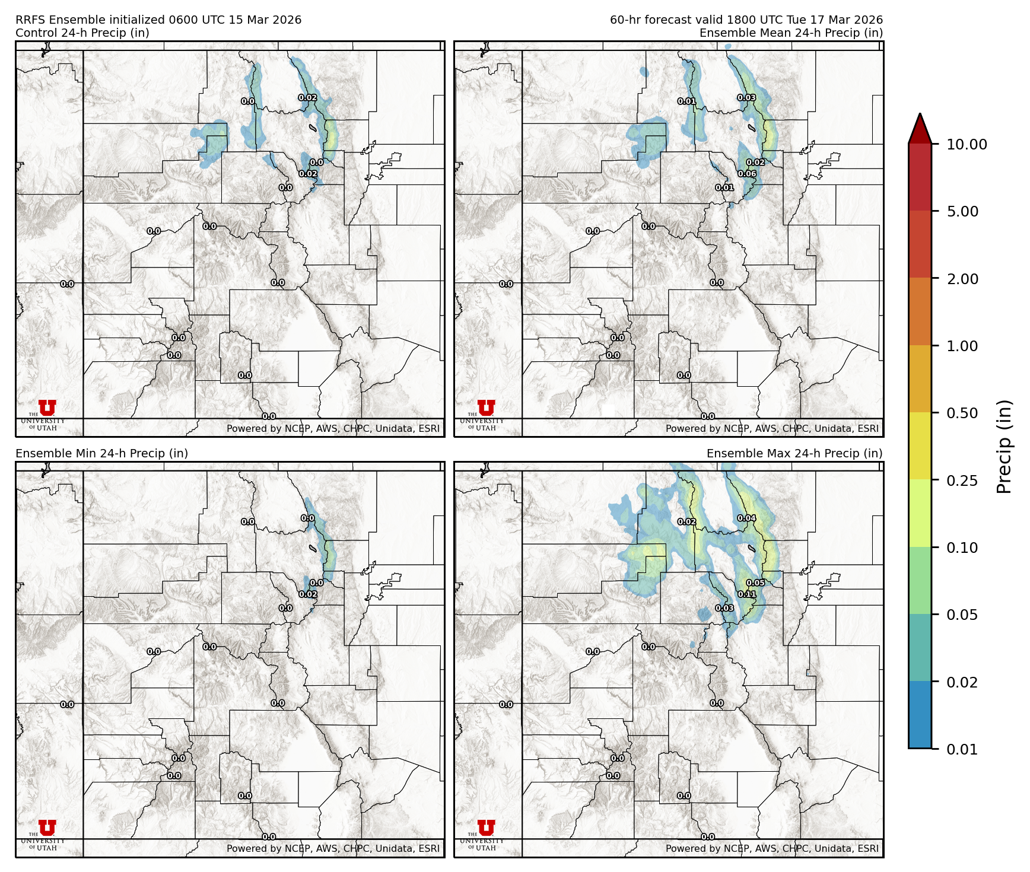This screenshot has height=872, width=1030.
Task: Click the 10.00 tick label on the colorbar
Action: tap(967, 144)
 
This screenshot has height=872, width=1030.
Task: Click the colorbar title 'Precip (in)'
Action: tap(1004, 447)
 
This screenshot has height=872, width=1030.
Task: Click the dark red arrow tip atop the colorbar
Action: tap(920, 126)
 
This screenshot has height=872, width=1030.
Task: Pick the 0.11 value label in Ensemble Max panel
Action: tap(747, 594)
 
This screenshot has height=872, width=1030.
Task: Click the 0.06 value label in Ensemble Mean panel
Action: tap(747, 174)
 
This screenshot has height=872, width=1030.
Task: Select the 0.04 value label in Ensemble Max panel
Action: tap(746, 518)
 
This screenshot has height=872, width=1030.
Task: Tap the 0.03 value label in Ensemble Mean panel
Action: tap(746, 98)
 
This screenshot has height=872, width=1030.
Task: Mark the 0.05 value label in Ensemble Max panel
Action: tap(755, 583)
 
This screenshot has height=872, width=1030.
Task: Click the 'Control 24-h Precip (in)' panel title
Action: tap(82, 33)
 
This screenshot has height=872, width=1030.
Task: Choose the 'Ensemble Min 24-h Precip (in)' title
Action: tap(101, 454)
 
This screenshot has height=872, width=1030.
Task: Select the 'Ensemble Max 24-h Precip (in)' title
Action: tap(794, 454)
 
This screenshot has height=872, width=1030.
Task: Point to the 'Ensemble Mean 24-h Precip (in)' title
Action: tap(791, 33)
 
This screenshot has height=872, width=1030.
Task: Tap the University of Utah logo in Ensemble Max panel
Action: tap(486, 834)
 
